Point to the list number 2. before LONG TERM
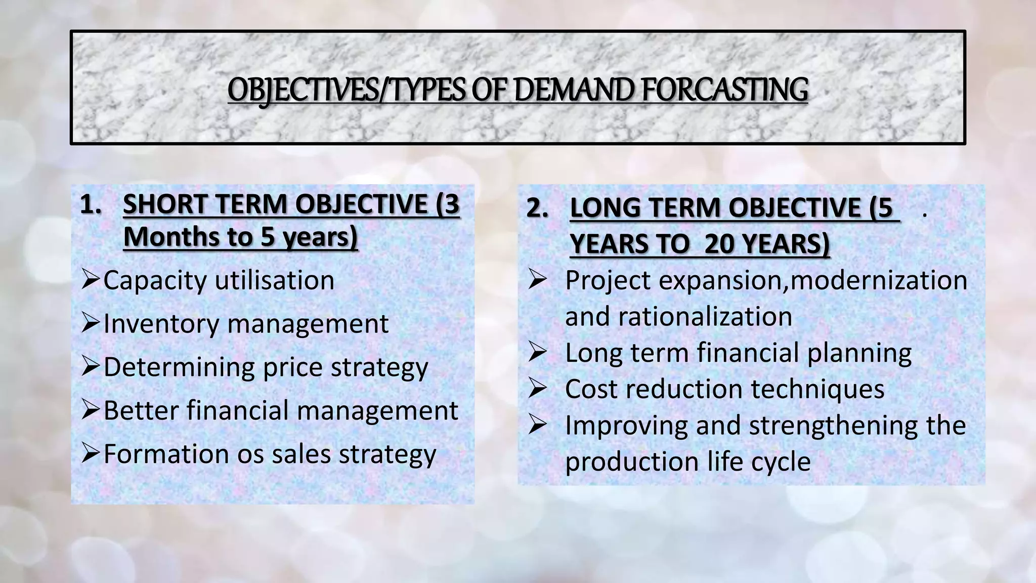[538, 208]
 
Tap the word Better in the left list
[141, 410]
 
